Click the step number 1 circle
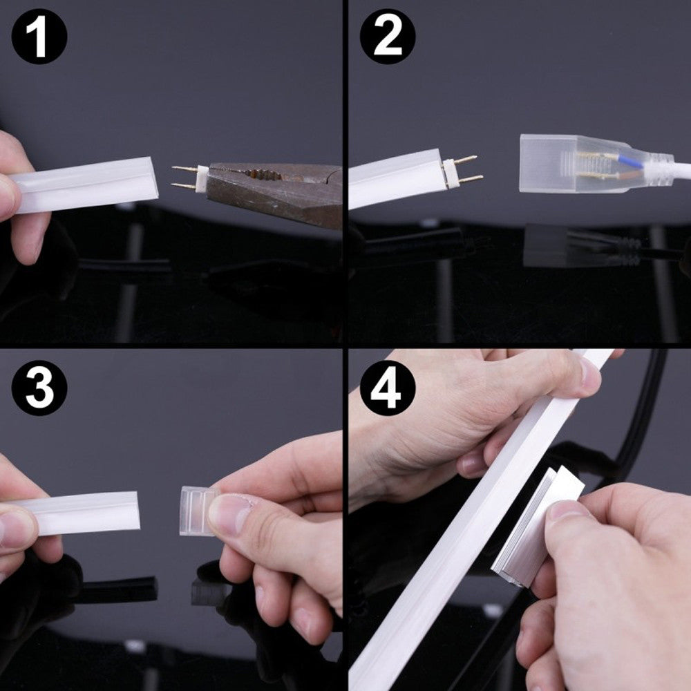39,36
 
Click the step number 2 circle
388,36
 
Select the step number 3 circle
39,388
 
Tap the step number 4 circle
388,388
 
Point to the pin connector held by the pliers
189,178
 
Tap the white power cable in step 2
678,170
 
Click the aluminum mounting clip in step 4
538,526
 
